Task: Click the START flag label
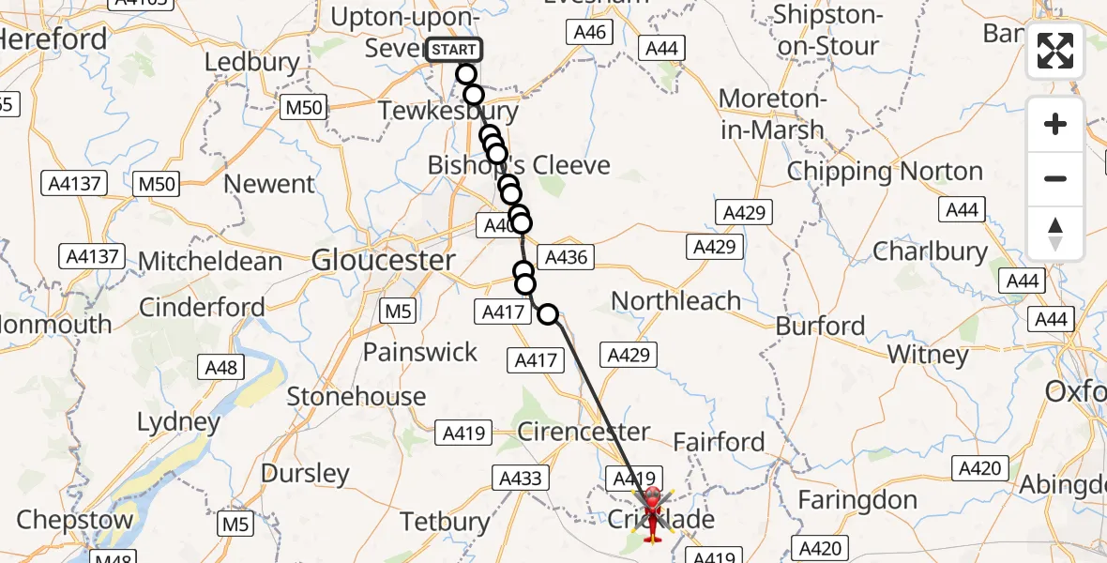click(x=455, y=49)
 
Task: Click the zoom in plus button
click(x=1055, y=124)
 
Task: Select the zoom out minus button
click(x=1055, y=178)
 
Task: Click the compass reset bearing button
click(x=1055, y=234)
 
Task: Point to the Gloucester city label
click(x=384, y=260)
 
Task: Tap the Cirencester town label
click(x=584, y=433)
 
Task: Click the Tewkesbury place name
click(x=447, y=112)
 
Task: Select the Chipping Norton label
click(x=885, y=172)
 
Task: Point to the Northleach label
click(x=675, y=301)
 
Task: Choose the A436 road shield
click(x=566, y=256)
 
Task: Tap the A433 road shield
click(x=521, y=479)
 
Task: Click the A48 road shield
click(x=221, y=368)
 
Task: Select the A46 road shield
click(x=588, y=33)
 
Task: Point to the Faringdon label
click(x=857, y=501)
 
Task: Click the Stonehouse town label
click(x=356, y=397)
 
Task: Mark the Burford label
click(x=821, y=327)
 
